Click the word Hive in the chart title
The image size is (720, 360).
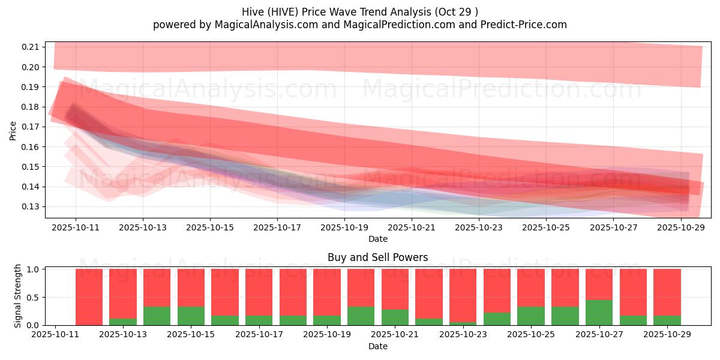pos(253,12)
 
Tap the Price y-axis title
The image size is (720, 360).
pos(13,130)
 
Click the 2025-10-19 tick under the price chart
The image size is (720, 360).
pos(344,228)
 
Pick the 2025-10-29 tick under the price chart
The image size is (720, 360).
pos(680,228)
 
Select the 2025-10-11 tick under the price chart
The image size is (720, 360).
pos(76,228)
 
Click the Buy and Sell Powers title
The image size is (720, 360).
pos(377,257)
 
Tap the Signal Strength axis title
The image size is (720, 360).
pos(18,296)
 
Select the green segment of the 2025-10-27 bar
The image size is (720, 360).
pos(599,313)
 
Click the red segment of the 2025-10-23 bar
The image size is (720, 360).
pos(463,294)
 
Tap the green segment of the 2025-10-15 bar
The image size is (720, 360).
pos(191,316)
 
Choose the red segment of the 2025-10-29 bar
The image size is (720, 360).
pos(667,291)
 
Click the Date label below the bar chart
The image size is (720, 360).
pos(377,346)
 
